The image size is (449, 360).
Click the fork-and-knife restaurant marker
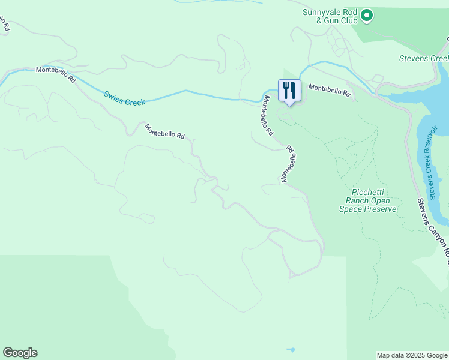pyautogui.click(x=289, y=91)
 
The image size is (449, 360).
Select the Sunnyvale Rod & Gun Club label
pyautogui.click(x=331, y=16)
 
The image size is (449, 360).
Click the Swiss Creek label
pyautogui.click(x=124, y=98)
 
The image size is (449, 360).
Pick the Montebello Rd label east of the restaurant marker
pyautogui.click(x=329, y=90)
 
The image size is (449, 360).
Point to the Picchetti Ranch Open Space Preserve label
pyautogui.click(x=367, y=200)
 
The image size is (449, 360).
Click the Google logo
pyautogui.click(x=20, y=353)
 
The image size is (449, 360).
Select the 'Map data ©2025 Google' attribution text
pyautogui.click(x=411, y=355)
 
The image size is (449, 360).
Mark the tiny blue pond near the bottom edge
pyautogui.click(x=291, y=349)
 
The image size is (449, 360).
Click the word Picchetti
pyautogui.click(x=368, y=193)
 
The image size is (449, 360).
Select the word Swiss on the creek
pyautogui.click(x=113, y=95)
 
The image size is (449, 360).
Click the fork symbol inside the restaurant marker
pyautogui.click(x=286, y=89)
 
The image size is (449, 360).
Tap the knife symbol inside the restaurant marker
pyautogui.click(x=293, y=90)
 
